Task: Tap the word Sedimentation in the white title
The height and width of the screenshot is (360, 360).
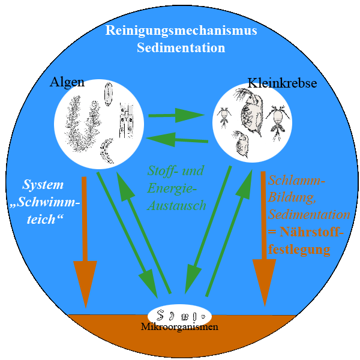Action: pos(180,47)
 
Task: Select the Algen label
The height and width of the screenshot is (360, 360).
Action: pos(67,83)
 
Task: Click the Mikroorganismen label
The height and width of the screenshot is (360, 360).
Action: pos(179,327)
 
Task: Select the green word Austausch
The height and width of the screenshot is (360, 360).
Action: pos(176,205)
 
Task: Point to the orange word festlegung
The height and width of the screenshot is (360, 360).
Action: pos(299,248)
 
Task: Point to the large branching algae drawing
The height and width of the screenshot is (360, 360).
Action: pos(79,126)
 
